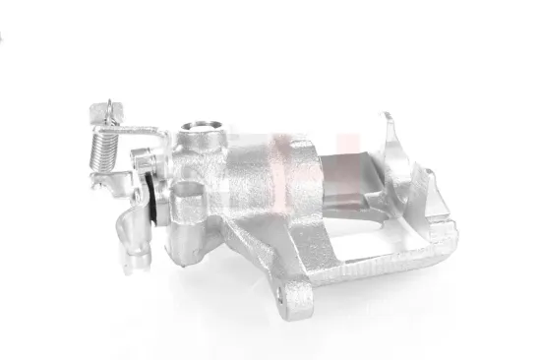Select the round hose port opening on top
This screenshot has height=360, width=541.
201,126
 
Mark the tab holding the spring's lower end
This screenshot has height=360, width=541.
98,182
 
